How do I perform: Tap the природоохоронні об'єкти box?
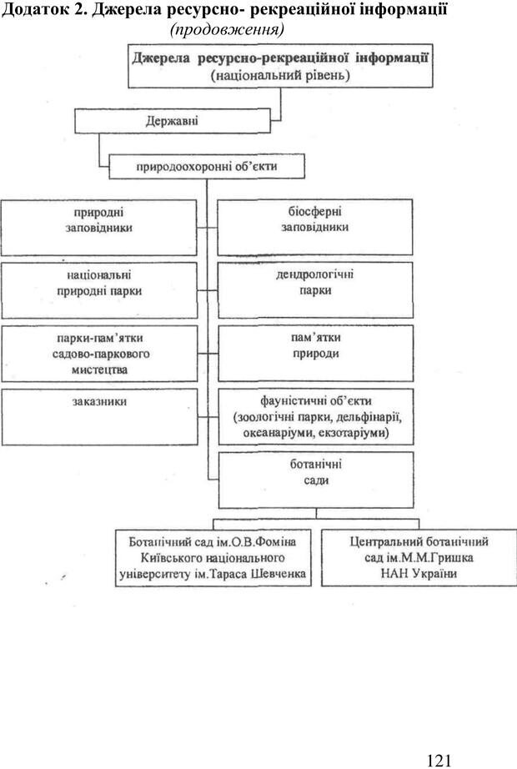point(206,167)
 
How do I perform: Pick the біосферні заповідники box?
point(315,226)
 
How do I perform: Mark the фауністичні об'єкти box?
point(315,416)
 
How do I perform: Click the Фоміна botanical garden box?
point(213,557)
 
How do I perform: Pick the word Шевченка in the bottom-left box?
point(272,574)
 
